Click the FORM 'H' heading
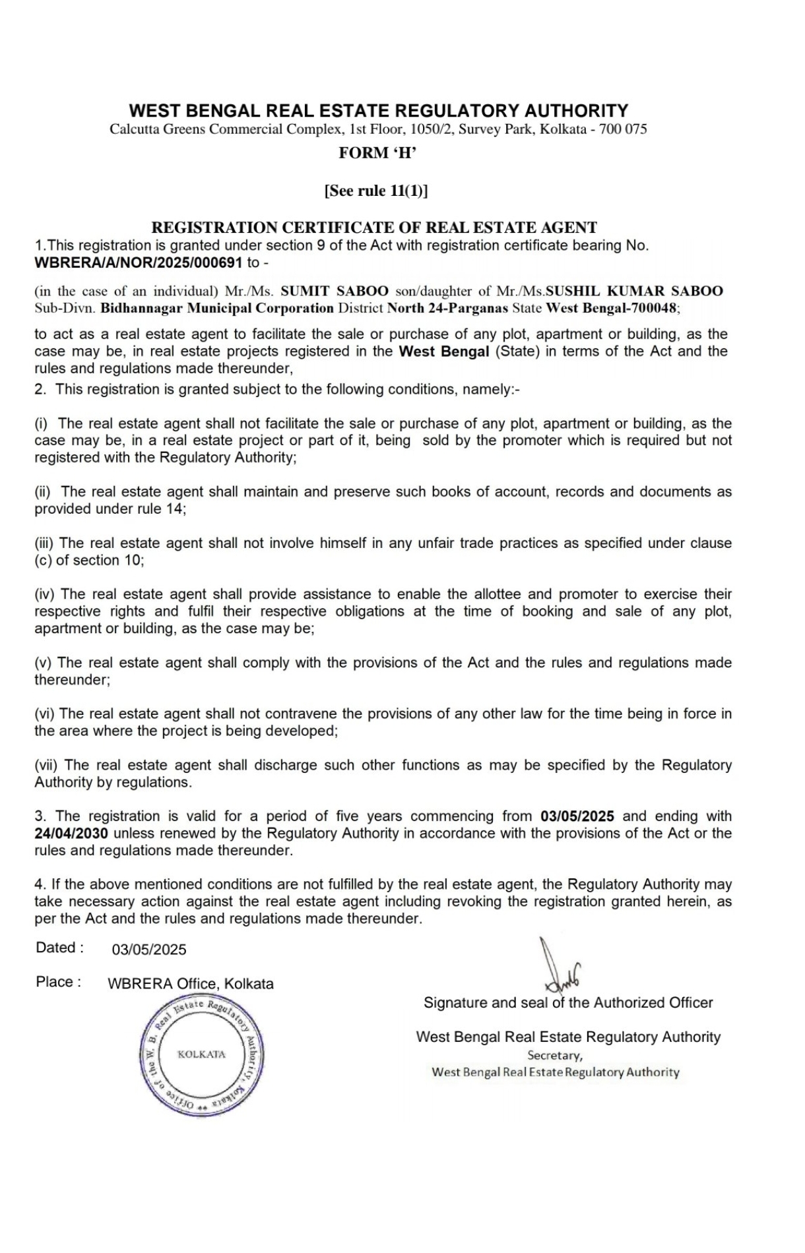pos(377,153)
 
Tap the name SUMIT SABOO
pos(335,291)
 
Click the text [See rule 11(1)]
pos(376,191)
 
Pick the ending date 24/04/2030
pos(71,833)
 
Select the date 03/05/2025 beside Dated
pos(149,950)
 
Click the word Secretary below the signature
pos(555,1055)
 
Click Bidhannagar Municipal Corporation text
pos(217,308)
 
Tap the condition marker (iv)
pos(46,594)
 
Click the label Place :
pos(59,982)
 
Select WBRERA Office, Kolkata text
pos(191,984)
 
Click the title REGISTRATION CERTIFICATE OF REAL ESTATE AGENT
pos(374,228)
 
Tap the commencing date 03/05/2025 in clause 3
pos(577,816)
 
